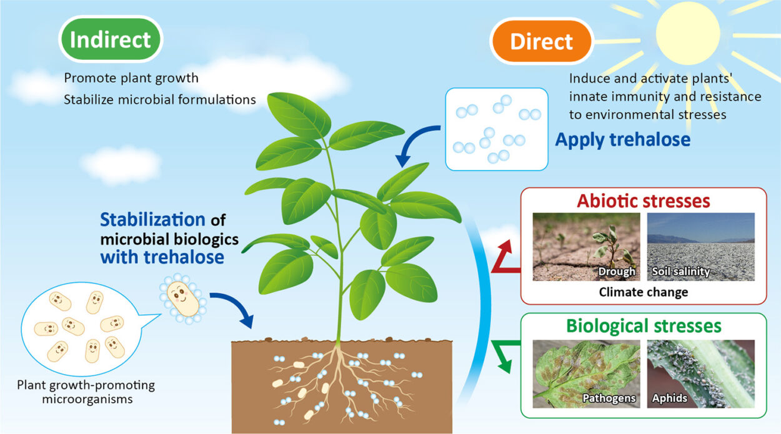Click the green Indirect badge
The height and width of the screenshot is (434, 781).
coord(111,39)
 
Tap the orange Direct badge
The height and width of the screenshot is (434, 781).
coord(542,41)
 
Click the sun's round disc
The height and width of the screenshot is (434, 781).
coord(687,33)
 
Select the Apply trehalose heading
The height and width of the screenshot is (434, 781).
coord(623,140)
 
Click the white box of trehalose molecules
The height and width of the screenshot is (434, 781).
coord(497,129)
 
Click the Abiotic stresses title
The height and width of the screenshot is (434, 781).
coord(644,201)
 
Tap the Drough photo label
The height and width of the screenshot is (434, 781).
coord(617,272)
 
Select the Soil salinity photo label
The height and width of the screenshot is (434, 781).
coord(680,272)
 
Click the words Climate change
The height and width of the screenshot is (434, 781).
coord(644,292)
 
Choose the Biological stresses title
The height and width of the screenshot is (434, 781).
coord(644,327)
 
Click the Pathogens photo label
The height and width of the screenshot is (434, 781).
coord(609,398)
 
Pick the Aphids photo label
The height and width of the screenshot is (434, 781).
coord(669,398)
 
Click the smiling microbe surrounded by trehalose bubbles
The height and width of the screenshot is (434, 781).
coord(182,299)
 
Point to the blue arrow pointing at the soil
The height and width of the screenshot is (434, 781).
coord(236,307)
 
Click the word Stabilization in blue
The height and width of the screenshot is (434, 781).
coord(152,220)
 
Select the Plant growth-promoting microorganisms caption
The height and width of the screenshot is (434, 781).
coord(86,392)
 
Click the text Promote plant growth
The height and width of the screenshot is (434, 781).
coord(131,78)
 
